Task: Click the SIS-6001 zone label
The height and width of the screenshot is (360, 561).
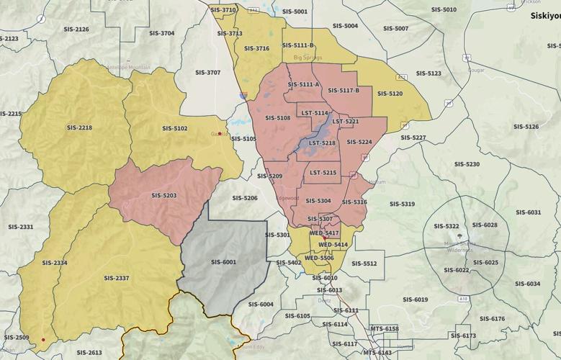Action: point(223,262)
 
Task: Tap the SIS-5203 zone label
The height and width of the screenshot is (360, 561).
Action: point(164,195)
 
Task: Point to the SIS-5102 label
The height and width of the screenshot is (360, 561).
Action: point(175,128)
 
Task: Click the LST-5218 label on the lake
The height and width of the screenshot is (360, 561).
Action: point(322,143)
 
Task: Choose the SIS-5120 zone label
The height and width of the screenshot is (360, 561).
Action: point(390,94)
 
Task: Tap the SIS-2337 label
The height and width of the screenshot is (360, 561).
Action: point(116,278)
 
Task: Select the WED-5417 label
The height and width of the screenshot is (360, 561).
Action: point(324,233)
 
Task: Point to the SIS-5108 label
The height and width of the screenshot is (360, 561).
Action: point(277,117)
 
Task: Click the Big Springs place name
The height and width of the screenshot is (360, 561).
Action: point(308,57)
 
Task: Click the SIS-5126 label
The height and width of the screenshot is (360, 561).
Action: point(526,127)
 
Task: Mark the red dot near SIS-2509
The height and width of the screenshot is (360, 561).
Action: point(43,340)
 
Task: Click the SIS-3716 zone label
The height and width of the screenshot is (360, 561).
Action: point(256,48)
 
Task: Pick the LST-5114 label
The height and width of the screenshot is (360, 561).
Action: point(315,113)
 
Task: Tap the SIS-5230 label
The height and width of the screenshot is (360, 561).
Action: point(467,164)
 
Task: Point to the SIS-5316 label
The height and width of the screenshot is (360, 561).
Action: point(354,202)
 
